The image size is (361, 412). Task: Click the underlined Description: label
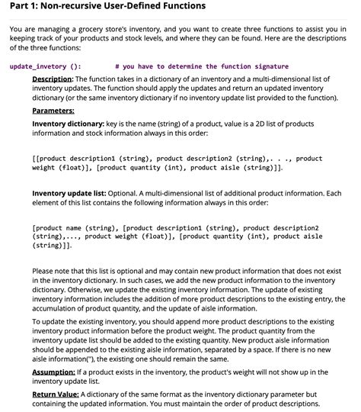tap(52, 79)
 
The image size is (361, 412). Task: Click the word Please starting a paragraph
tap(43, 271)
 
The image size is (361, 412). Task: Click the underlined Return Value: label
tap(56, 394)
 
